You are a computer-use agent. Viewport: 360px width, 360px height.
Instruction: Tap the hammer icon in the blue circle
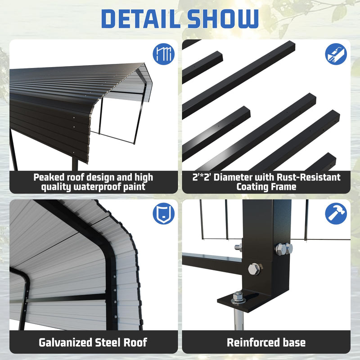[x=336, y=213]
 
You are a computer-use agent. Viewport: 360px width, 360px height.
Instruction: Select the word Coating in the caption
[x=254, y=187]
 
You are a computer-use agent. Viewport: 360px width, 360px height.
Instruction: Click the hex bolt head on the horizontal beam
[x=254, y=269]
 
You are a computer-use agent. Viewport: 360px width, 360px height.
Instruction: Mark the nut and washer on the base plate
[x=238, y=297]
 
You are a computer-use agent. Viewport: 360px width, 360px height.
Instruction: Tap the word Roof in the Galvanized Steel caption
[x=134, y=342]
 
